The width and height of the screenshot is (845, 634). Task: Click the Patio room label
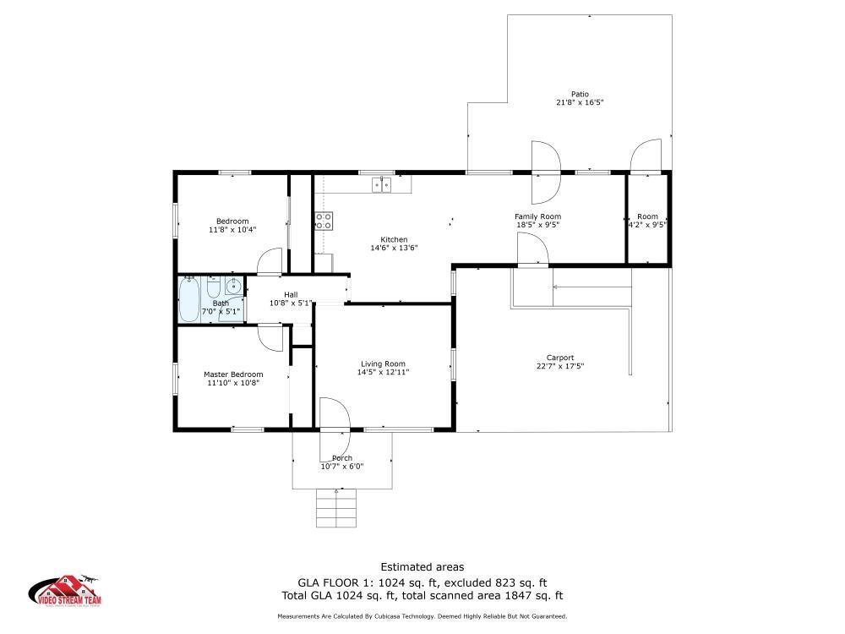pyautogui.click(x=579, y=94)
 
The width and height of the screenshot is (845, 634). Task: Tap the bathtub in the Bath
pyautogui.click(x=189, y=300)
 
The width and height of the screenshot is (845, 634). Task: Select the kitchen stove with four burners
pyautogui.click(x=323, y=221)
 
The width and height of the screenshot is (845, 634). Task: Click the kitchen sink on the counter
pyautogui.click(x=382, y=184)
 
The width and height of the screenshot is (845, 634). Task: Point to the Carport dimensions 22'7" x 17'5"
pyautogui.click(x=560, y=366)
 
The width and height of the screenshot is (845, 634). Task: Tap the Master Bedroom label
pyautogui.click(x=233, y=374)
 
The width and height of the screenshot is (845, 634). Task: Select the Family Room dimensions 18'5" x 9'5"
pyautogui.click(x=538, y=226)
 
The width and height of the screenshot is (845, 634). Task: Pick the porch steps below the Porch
pyautogui.click(x=335, y=511)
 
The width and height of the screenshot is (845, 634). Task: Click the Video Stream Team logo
pyautogui.click(x=67, y=592)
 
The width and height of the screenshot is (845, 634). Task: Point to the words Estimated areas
pyautogui.click(x=422, y=567)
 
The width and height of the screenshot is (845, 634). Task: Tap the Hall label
pyautogui.click(x=291, y=294)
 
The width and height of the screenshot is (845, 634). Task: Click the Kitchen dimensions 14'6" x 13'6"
pyautogui.click(x=394, y=248)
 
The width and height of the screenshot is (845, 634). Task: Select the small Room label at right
pyautogui.click(x=647, y=216)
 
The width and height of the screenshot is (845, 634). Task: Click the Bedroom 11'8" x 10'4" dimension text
pyautogui.click(x=232, y=229)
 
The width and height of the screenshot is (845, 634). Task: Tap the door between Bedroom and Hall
pyautogui.click(x=270, y=261)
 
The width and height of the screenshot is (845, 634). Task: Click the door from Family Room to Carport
pyautogui.click(x=533, y=250)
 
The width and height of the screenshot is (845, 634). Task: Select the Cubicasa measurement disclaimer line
pyautogui.click(x=422, y=616)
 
